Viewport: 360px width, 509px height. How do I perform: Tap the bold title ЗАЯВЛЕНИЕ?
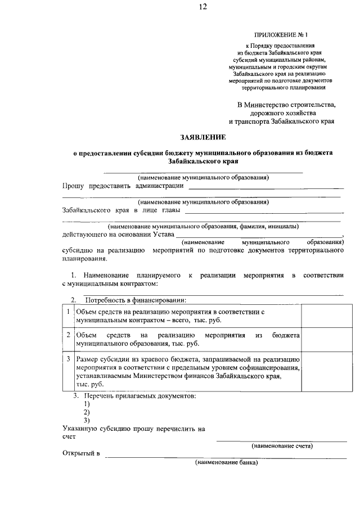tap(202, 137)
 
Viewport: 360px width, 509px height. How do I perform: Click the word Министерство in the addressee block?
tap(268, 104)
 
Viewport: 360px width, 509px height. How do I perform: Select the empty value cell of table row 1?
tap(323, 316)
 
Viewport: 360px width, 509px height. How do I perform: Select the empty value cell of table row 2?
tap(323, 339)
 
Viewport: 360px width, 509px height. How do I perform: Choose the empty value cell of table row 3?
tap(323, 371)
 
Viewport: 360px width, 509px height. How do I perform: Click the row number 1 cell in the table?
tap(68, 311)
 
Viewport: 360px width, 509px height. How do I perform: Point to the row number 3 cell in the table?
tap(68, 358)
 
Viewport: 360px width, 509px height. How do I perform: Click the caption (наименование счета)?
tap(282, 445)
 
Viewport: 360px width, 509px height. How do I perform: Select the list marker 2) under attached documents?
tap(87, 412)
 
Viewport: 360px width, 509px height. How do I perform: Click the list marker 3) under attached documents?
tap(87, 420)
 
